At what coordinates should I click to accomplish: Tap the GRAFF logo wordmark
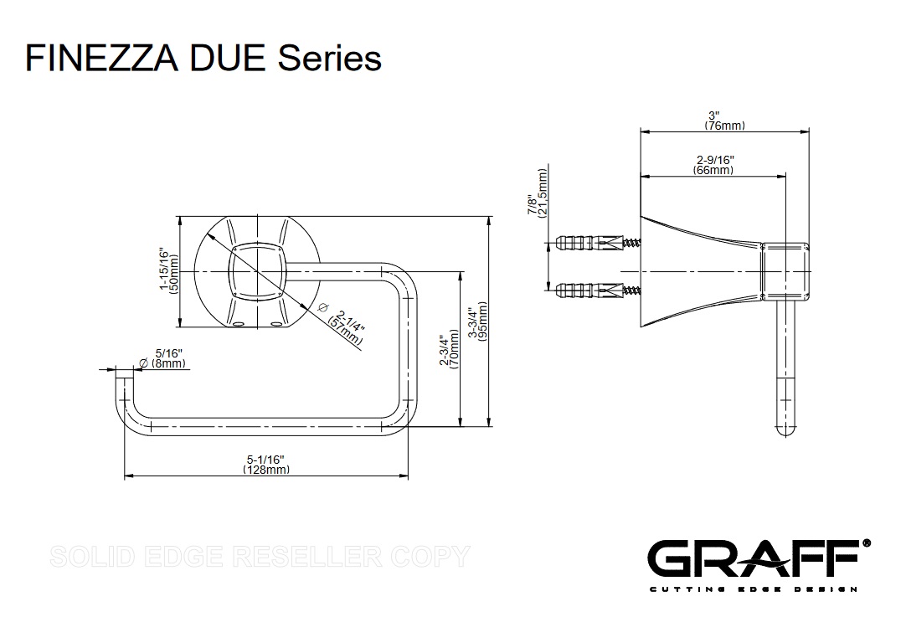753,559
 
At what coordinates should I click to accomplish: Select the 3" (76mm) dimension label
724,121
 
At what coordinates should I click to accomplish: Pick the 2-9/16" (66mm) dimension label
713,165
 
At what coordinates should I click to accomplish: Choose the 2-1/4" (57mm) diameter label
344,324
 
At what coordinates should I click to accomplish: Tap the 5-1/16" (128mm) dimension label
265,465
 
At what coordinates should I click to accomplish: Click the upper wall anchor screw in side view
600,244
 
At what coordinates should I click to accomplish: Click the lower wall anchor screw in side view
600,291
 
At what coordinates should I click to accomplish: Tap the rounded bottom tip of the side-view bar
785,430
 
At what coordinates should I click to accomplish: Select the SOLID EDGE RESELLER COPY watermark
260,556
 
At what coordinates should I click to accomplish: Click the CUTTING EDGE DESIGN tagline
753,589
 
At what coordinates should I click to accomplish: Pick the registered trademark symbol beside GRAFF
866,543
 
